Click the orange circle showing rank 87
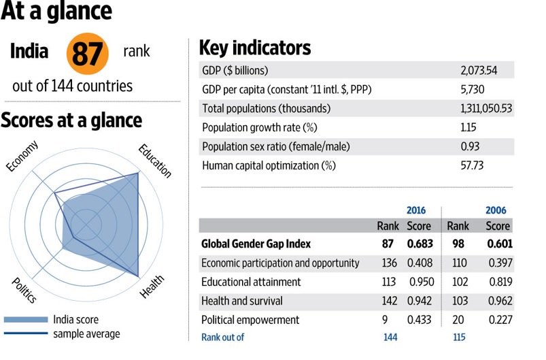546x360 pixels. click(x=87, y=54)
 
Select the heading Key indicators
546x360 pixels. click(x=254, y=48)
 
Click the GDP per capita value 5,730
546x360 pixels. click(x=472, y=89)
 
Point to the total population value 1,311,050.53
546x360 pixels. click(x=486, y=108)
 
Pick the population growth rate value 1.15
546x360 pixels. click(x=468, y=127)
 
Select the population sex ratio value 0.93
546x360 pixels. click(x=468, y=146)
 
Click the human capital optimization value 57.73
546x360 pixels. click(x=471, y=165)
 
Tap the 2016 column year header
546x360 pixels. click(x=416, y=210)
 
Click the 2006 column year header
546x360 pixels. click(x=496, y=210)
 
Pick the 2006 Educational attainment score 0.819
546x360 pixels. click(x=499, y=282)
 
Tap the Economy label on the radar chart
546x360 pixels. click(x=22, y=157)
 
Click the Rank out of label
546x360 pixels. click(x=222, y=336)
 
